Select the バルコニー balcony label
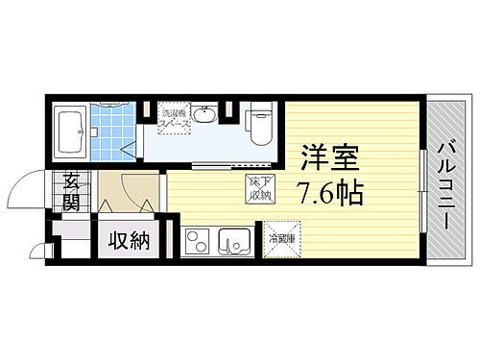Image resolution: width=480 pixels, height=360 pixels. [447, 183]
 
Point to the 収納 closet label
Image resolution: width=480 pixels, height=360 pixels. [129, 240]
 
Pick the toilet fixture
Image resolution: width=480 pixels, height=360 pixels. [258, 121]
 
